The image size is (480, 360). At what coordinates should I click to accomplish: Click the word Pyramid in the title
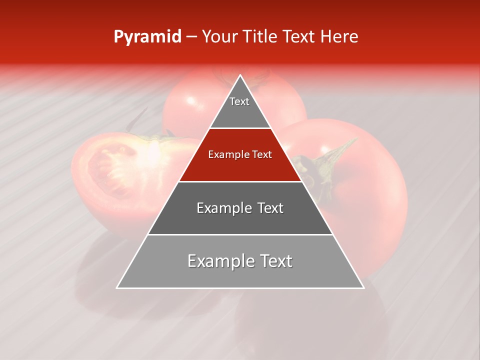(x=147, y=37)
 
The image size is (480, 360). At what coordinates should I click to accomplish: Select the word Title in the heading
(x=260, y=37)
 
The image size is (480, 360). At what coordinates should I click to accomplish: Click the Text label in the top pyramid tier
(x=239, y=101)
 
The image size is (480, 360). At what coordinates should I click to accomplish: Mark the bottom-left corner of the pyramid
(x=117, y=287)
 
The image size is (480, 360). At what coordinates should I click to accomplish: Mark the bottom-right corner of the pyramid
(x=363, y=287)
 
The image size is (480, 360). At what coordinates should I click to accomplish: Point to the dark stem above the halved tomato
(x=134, y=122)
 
